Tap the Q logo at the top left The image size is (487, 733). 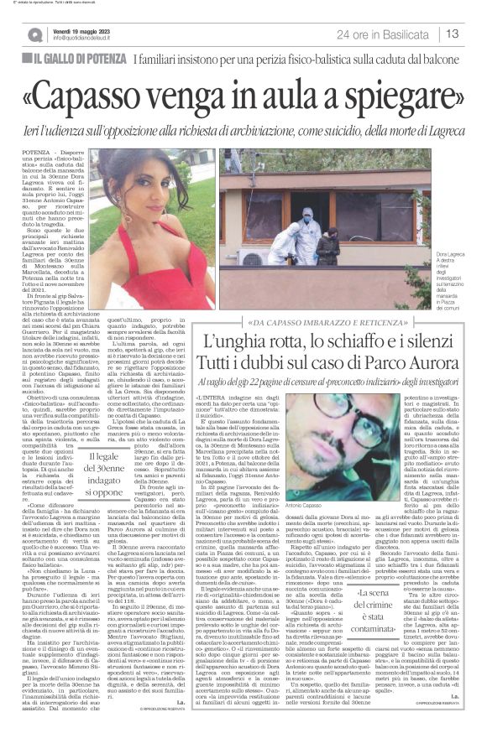[34, 34]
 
